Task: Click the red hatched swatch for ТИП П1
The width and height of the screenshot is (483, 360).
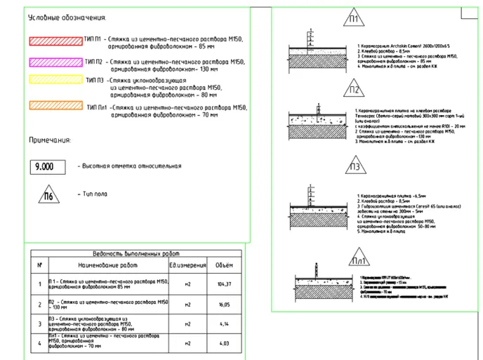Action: [x=55, y=41]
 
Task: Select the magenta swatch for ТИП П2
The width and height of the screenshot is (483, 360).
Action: [x=55, y=62]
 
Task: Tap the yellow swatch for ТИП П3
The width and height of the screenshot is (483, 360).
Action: [x=55, y=83]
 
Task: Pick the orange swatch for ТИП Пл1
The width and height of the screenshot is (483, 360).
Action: [x=55, y=107]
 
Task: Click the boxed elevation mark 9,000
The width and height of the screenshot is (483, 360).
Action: [x=44, y=167]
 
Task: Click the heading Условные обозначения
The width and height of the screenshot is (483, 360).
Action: [x=67, y=17]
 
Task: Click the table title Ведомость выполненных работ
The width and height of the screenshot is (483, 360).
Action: [x=136, y=253]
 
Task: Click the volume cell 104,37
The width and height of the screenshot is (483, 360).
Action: [x=225, y=284]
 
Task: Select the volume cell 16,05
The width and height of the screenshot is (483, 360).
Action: [x=225, y=305]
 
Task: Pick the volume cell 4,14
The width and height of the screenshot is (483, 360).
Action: [x=225, y=324]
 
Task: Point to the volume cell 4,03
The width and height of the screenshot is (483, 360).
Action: [x=225, y=343]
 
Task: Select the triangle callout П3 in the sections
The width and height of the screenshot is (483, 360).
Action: [x=355, y=167]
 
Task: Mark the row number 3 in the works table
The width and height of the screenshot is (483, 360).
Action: [x=39, y=324]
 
